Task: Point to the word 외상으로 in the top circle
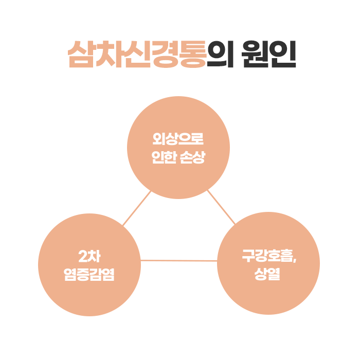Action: click(x=178, y=139)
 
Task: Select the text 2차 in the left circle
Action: click(x=89, y=256)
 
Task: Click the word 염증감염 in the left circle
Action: click(x=89, y=274)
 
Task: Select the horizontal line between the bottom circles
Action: click(x=178, y=261)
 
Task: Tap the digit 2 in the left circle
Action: click(x=83, y=256)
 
